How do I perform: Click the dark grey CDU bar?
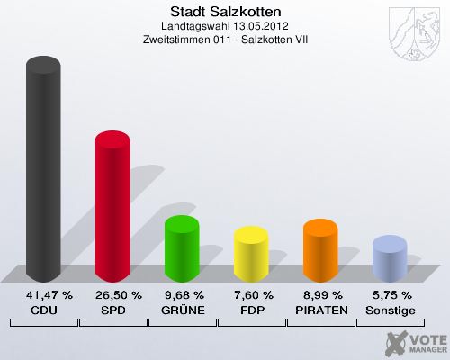[44, 171]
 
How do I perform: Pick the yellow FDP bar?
[251, 256]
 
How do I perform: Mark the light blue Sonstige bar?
[390, 260]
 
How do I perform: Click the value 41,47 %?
[44, 295]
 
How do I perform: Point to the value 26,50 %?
[113, 295]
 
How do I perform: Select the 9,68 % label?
[182, 295]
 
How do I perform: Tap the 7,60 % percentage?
[252, 295]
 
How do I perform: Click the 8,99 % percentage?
[321, 295]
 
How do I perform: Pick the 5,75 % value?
[391, 295]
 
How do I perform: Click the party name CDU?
[44, 310]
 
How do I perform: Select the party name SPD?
[113, 310]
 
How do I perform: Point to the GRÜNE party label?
[182, 310]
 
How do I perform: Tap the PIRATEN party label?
[321, 310]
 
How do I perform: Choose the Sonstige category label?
[391, 310]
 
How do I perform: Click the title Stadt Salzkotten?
[225, 12]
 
